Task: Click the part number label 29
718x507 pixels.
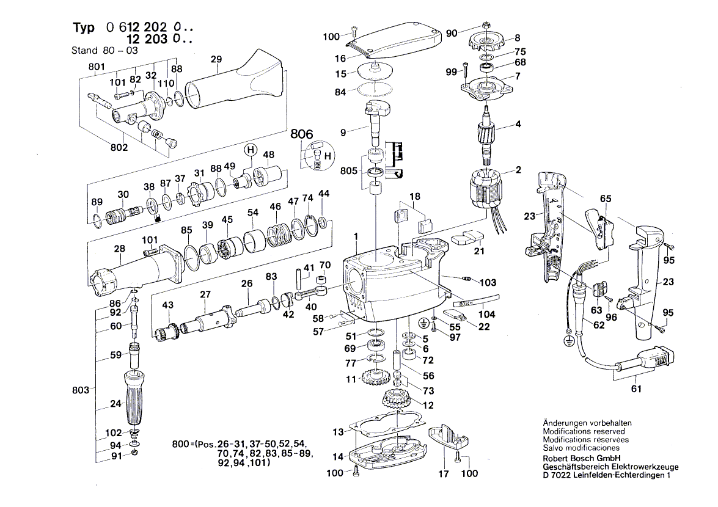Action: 216,59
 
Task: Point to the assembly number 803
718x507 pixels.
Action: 81,388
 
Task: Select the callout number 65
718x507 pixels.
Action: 605,199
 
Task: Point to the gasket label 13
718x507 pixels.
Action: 338,432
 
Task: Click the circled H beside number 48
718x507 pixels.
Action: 250,149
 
